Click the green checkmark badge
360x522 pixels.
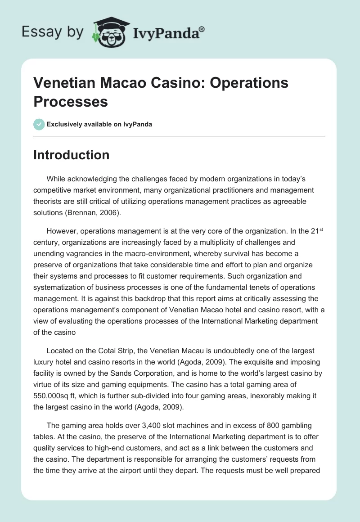[39, 124]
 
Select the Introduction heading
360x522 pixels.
[72, 155]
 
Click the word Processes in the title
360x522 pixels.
[71, 101]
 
